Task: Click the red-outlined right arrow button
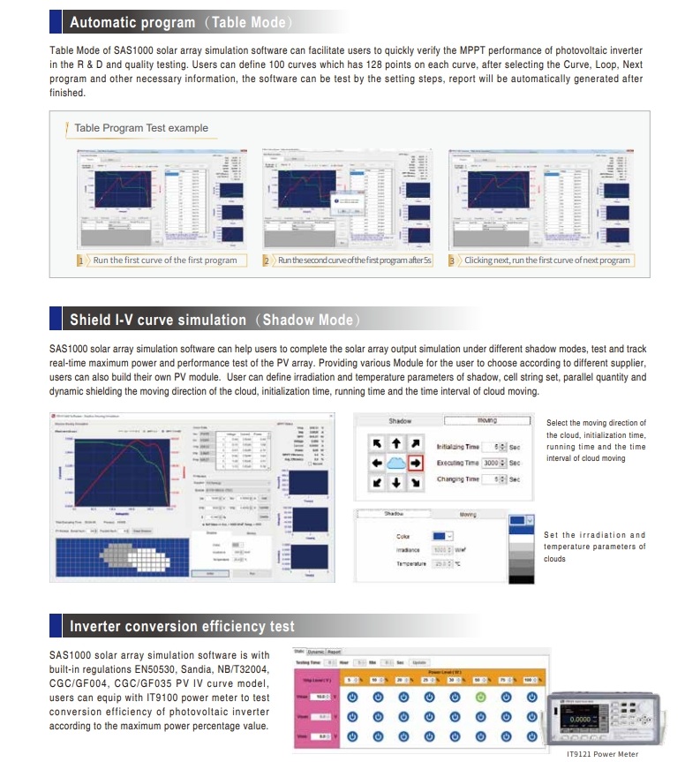417,463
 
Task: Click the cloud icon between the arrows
396,463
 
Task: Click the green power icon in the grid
479,696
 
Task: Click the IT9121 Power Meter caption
602,754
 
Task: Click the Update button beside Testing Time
419,662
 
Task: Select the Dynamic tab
313,652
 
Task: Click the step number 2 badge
266,260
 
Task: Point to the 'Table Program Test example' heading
141,128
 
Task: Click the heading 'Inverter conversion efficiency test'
182,627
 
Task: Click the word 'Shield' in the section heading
89,320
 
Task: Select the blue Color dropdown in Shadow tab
442,535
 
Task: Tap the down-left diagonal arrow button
377,482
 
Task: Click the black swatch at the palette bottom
523,580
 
